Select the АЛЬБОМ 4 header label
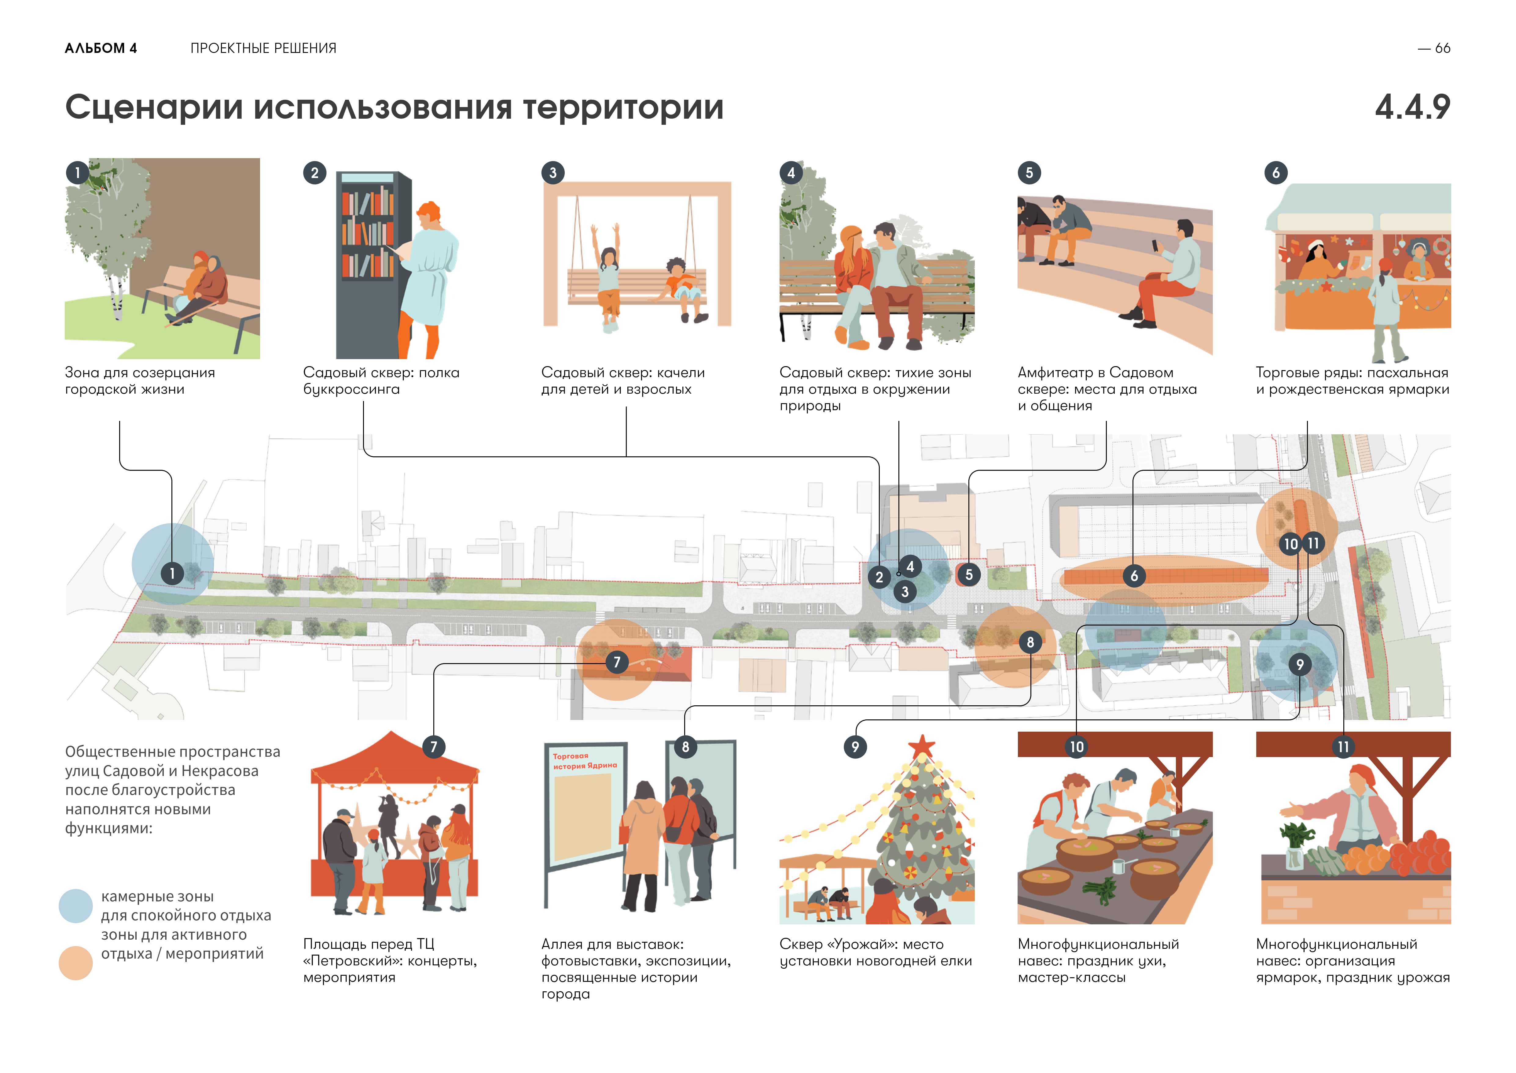coord(100,48)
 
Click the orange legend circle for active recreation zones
coord(75,963)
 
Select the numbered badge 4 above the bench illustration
coord(791,173)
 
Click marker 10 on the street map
coord(1290,544)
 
